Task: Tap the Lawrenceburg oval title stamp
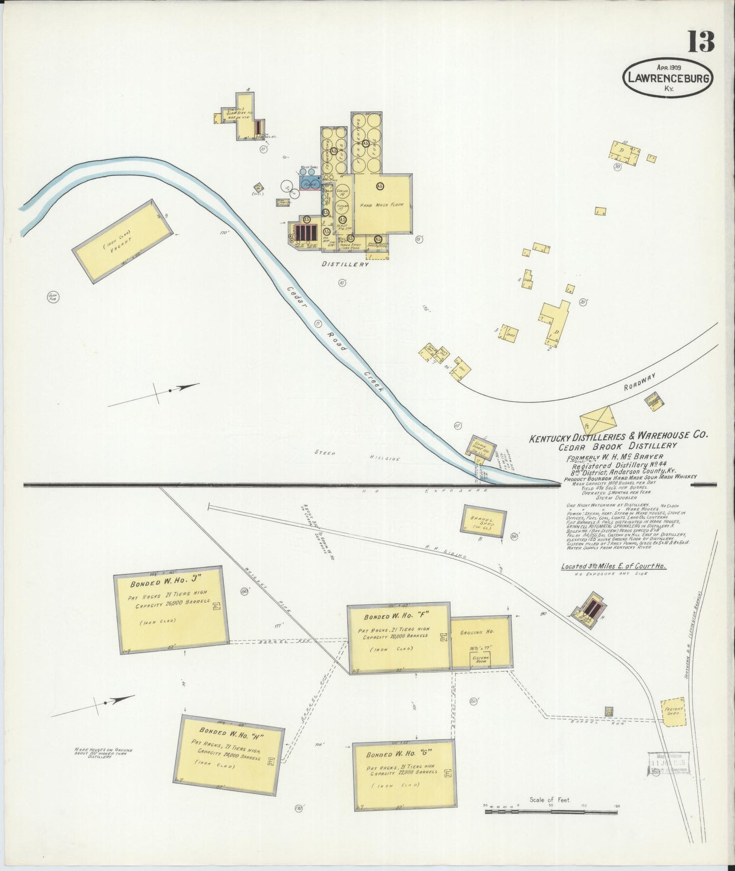[667, 78]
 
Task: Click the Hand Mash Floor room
[381, 205]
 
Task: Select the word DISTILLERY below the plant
[345, 264]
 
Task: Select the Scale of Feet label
[550, 799]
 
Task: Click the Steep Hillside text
[356, 455]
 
